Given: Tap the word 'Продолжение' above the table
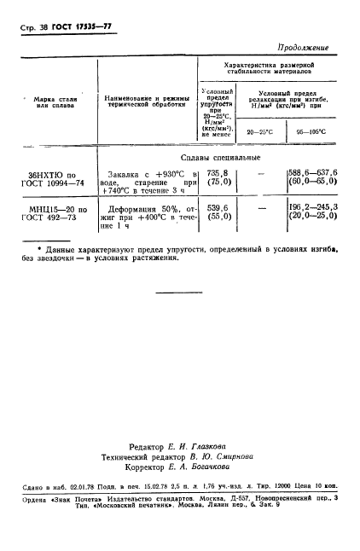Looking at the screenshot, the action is click(303, 48).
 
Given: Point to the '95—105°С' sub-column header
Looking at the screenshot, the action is click(307, 132).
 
